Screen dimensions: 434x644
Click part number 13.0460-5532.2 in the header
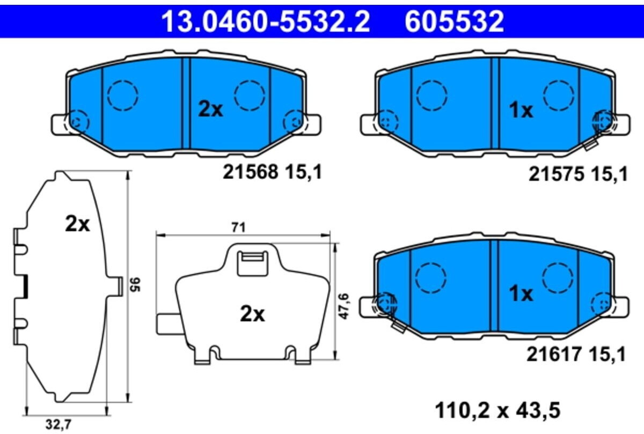[266, 21]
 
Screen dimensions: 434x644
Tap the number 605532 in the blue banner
[455, 21]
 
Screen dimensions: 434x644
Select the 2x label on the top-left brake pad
[210, 110]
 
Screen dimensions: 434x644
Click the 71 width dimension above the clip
[239, 227]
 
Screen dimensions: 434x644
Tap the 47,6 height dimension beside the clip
[345, 306]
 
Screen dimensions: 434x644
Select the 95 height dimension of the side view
[135, 284]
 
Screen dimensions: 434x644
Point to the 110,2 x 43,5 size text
[496, 411]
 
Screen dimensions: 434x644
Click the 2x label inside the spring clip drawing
[252, 314]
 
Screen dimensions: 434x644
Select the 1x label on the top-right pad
[521, 111]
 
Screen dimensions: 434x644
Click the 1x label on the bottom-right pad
[521, 293]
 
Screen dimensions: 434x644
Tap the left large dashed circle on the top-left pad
[122, 95]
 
